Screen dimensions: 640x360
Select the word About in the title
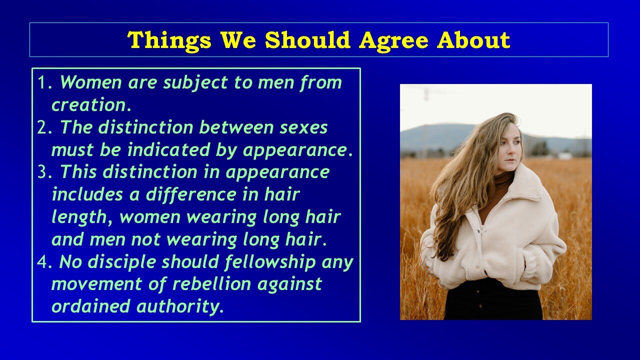point(473,39)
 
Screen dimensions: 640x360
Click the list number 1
point(45,82)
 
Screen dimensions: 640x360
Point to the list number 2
point(45,127)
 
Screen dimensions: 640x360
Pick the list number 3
point(45,172)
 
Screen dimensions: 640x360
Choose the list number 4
point(44,262)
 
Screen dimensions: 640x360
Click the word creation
point(91,105)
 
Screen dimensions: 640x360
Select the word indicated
point(168,149)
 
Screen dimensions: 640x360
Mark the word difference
point(191,194)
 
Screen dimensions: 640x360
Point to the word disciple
point(121,263)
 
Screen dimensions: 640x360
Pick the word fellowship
point(270,263)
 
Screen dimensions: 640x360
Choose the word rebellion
point(211,283)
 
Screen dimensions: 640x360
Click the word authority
point(180,307)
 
